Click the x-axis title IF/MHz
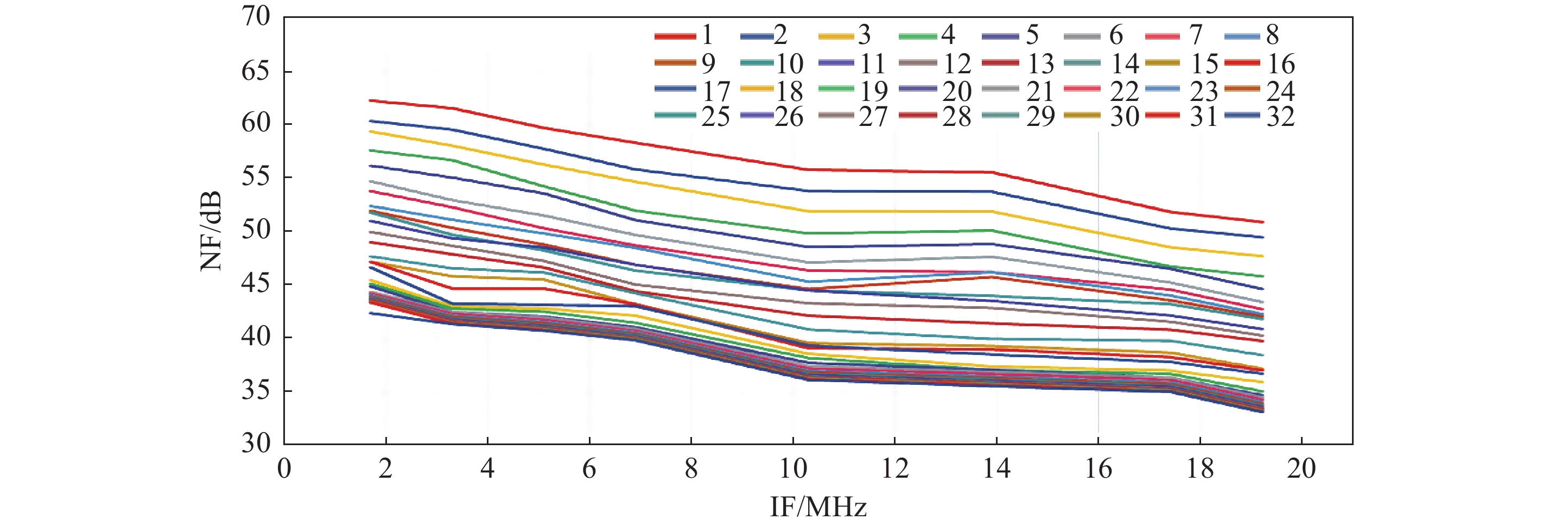[818, 507]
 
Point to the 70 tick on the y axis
[256, 17]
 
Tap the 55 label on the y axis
[256, 178]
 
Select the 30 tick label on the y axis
[256, 443]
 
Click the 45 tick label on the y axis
[256, 284]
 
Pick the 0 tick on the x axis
[284, 468]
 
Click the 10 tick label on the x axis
[792, 468]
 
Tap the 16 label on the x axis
[1098, 468]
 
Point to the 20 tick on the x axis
[1302, 468]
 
